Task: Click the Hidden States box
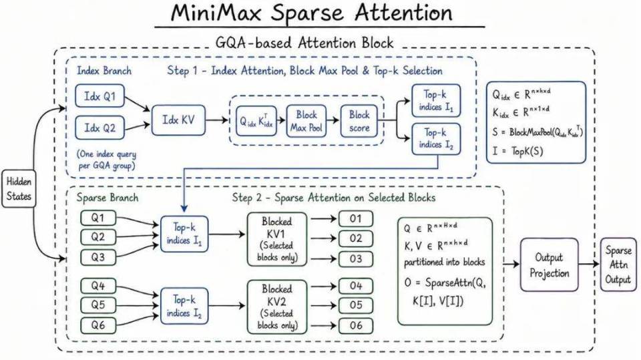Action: click(19, 188)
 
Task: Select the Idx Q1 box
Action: click(99, 97)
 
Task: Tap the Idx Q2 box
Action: click(99, 128)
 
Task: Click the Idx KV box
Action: click(178, 120)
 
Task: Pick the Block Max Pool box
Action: click(306, 121)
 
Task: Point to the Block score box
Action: click(359, 121)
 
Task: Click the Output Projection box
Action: click(549, 265)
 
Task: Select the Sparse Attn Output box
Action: click(618, 265)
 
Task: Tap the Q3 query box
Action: click(98, 258)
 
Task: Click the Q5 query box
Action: click(98, 305)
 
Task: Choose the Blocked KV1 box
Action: click(276, 239)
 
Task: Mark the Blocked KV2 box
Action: click(276, 307)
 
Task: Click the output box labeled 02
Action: click(356, 238)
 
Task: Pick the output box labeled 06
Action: click(356, 326)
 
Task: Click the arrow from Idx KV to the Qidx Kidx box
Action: click(216, 120)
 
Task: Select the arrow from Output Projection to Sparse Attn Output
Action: click(590, 264)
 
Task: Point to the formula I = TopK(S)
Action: click(518, 151)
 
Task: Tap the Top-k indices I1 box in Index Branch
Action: click(436, 100)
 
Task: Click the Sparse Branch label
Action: click(108, 198)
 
